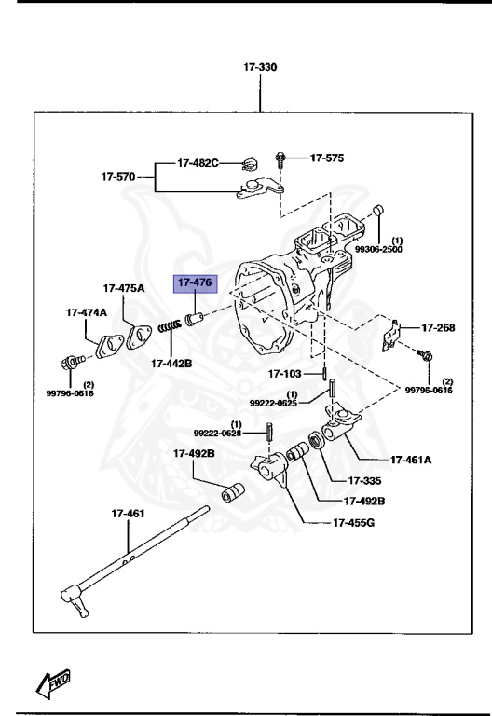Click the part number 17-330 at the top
pyautogui.click(x=260, y=67)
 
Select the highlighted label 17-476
pyautogui.click(x=196, y=282)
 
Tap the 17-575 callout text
pyautogui.click(x=326, y=158)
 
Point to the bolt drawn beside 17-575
pyautogui.click(x=280, y=160)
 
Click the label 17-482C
pyautogui.click(x=198, y=163)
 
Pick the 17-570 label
pyautogui.click(x=119, y=175)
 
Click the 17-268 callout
pyautogui.click(x=439, y=327)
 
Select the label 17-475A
pyautogui.click(x=124, y=288)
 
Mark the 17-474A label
pyautogui.click(x=86, y=312)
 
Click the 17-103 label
pyautogui.click(x=286, y=374)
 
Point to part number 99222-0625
pyautogui.click(x=273, y=402)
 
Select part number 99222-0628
pyautogui.click(x=218, y=433)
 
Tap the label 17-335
pyautogui.click(x=366, y=481)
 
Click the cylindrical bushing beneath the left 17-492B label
pyautogui.click(x=233, y=490)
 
